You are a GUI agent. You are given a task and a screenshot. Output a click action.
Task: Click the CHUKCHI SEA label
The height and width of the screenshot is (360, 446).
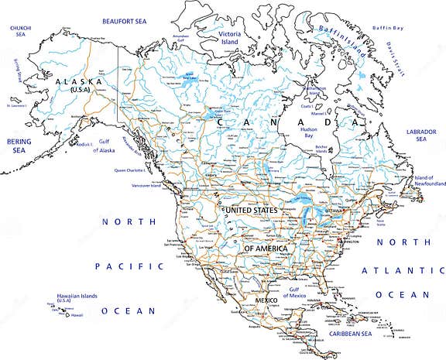(x=19, y=31)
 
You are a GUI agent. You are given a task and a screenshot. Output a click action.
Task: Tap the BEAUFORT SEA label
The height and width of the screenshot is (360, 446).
(x=124, y=22)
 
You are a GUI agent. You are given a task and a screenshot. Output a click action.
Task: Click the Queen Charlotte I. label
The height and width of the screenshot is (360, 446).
(x=132, y=170)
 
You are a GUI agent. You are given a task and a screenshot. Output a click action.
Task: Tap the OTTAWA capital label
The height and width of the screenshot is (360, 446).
(x=334, y=211)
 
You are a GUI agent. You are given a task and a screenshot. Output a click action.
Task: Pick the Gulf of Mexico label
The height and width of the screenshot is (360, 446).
(x=295, y=293)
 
